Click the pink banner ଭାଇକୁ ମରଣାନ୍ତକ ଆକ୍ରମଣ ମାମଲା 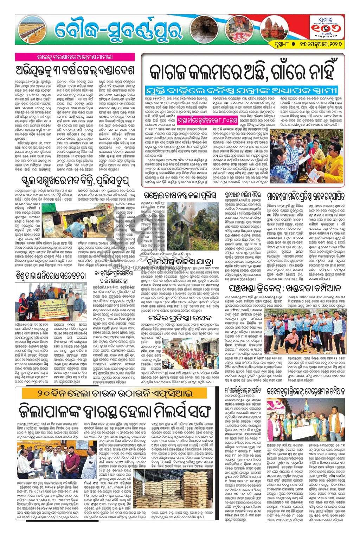coord(75,56)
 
